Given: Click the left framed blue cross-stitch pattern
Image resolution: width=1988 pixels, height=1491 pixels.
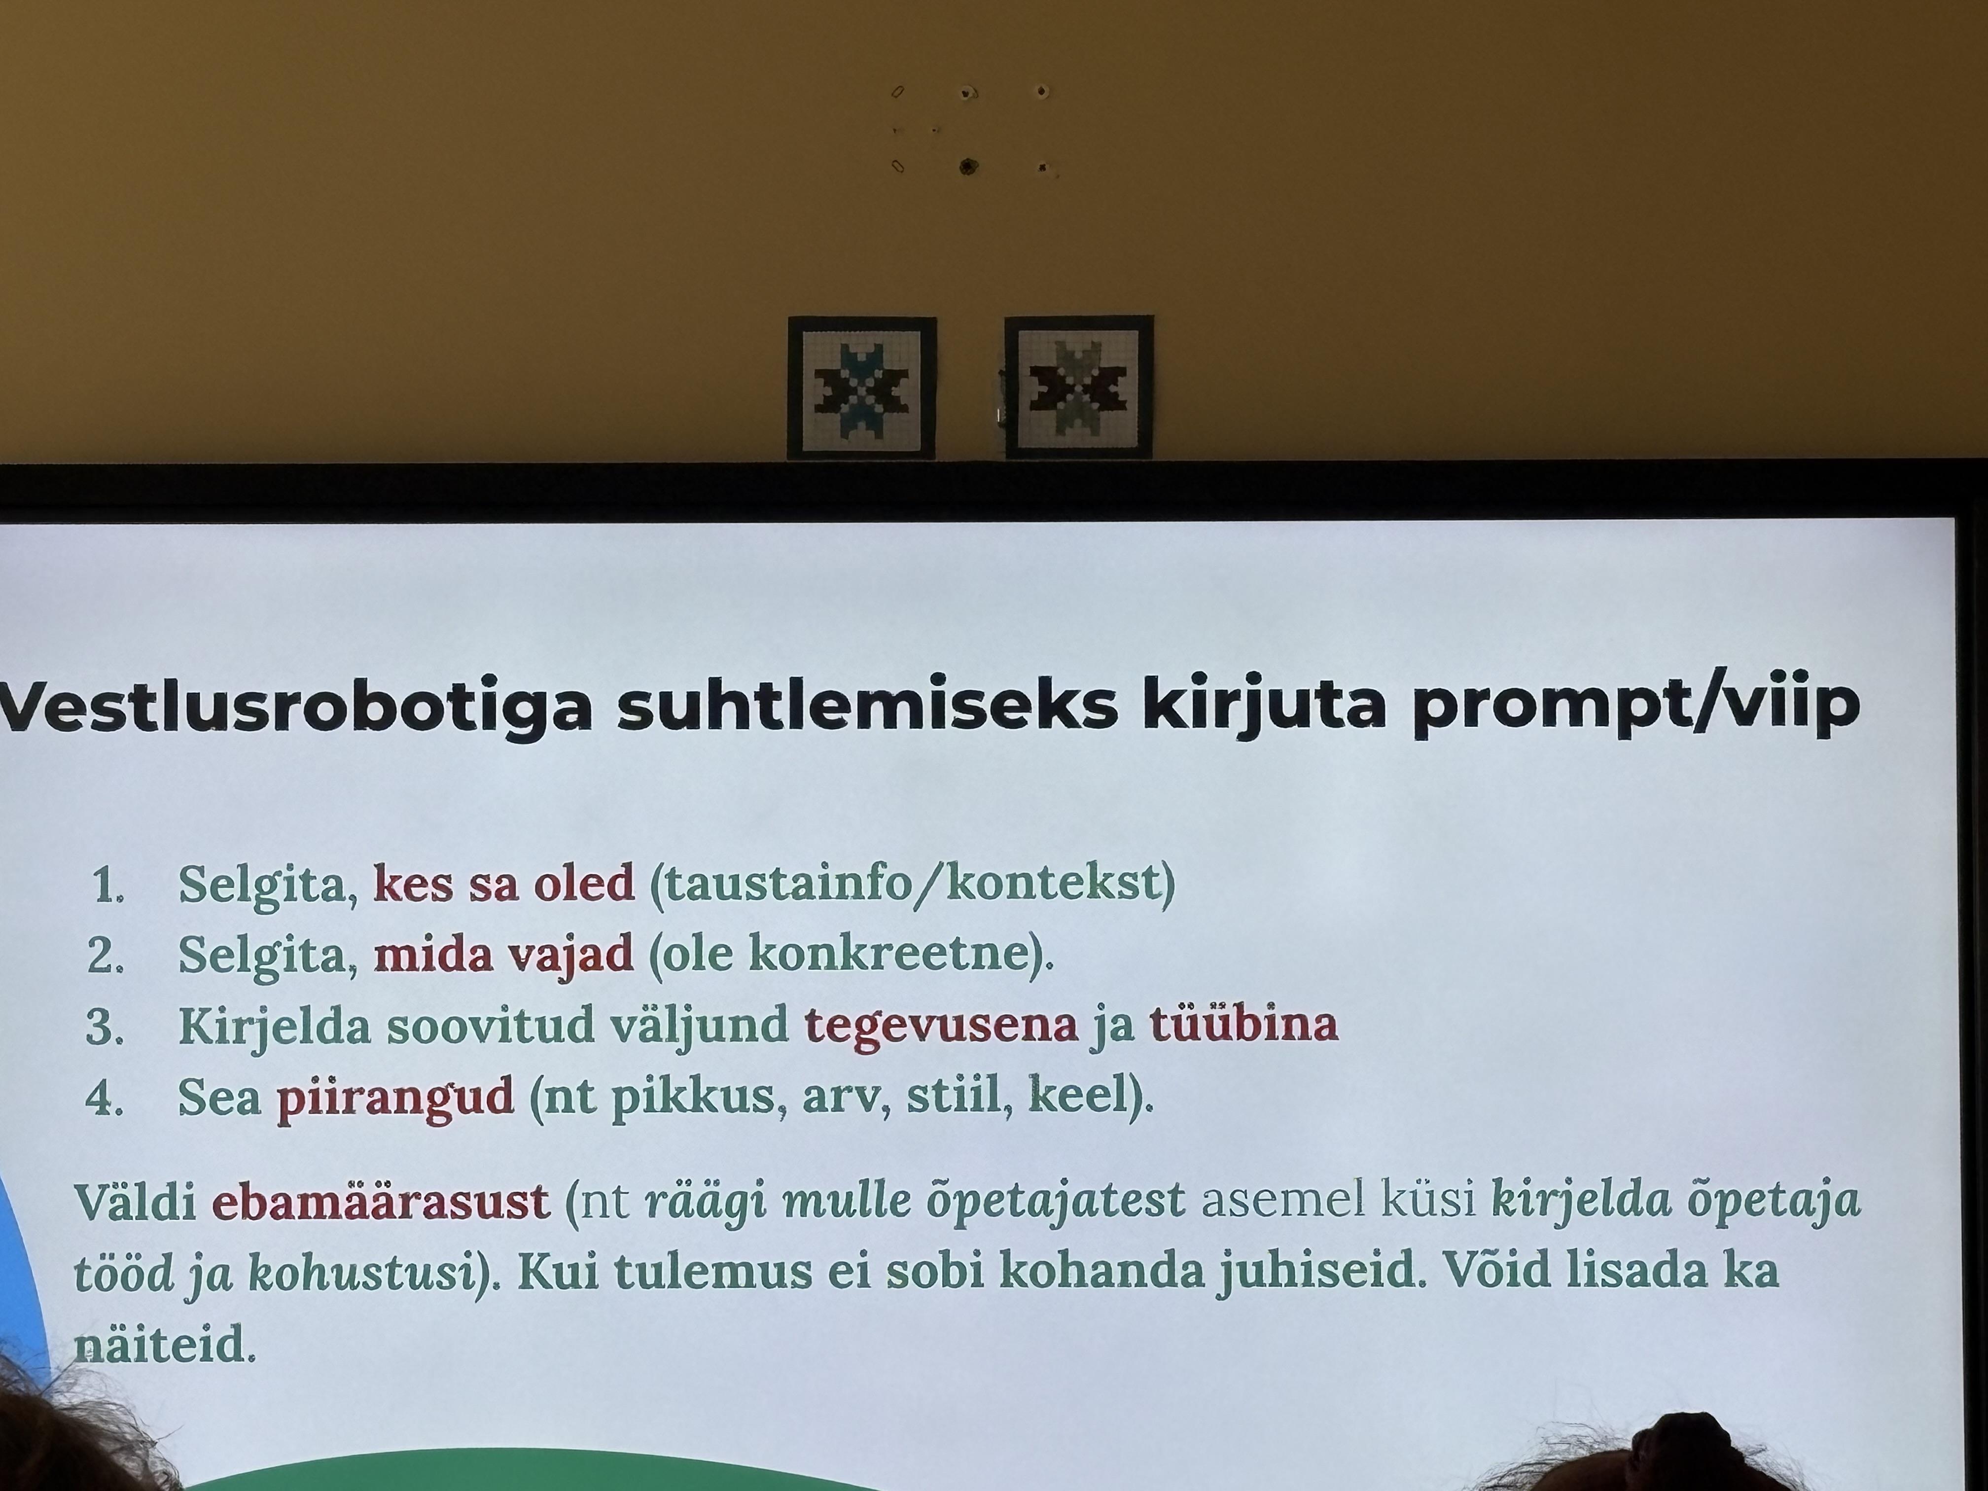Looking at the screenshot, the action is click(x=862, y=388).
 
